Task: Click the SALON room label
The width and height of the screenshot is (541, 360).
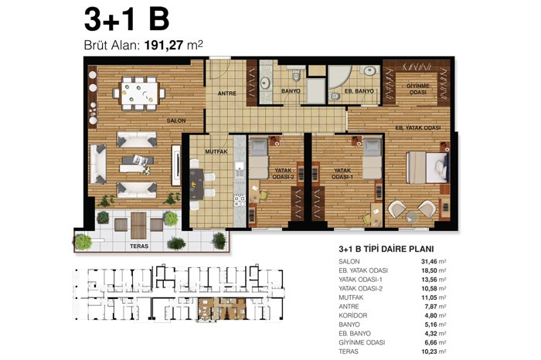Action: (x=176, y=121)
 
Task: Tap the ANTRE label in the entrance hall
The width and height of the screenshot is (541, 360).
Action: (x=227, y=93)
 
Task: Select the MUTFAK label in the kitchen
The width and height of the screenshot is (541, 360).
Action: (x=216, y=151)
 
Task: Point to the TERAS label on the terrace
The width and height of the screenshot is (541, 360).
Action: (x=139, y=246)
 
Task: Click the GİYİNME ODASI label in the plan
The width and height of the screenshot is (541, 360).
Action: (x=418, y=89)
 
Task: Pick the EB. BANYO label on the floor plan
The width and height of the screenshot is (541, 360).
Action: (x=359, y=91)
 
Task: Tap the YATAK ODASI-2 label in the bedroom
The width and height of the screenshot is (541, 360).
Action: (x=284, y=174)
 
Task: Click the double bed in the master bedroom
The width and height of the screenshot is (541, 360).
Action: (x=428, y=168)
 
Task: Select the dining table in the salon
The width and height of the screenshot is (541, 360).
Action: (x=139, y=93)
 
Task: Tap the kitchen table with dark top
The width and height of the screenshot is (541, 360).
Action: (x=196, y=184)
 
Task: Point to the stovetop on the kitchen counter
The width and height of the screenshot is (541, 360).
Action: (x=240, y=200)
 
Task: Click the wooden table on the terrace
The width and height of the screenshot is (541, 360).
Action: (x=138, y=225)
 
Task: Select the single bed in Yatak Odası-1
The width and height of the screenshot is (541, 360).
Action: (x=373, y=158)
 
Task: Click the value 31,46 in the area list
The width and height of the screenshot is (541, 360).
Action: (x=424, y=262)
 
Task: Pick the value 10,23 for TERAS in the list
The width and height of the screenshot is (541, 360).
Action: (x=424, y=352)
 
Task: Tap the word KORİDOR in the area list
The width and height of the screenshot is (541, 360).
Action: (x=352, y=315)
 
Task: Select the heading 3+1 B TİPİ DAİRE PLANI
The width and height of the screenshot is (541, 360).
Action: (x=386, y=249)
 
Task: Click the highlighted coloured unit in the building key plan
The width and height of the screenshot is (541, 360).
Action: (x=223, y=308)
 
